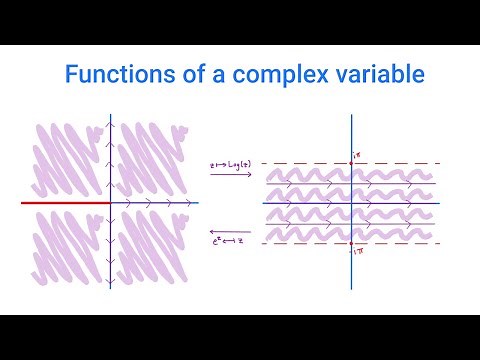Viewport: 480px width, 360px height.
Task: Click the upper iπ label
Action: pyautogui.click(x=355, y=153)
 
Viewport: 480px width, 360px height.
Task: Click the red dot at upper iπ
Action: pyautogui.click(x=352, y=163)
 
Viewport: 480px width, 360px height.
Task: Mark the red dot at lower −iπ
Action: pyautogui.click(x=352, y=244)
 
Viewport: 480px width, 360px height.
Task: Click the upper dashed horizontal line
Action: pyautogui.click(x=300, y=163)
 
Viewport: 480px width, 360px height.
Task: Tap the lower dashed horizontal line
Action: pyautogui.click(x=300, y=244)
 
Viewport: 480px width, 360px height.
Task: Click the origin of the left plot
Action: pyautogui.click(x=110, y=203)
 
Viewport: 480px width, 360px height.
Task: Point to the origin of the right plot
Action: pyautogui.click(x=352, y=203)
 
